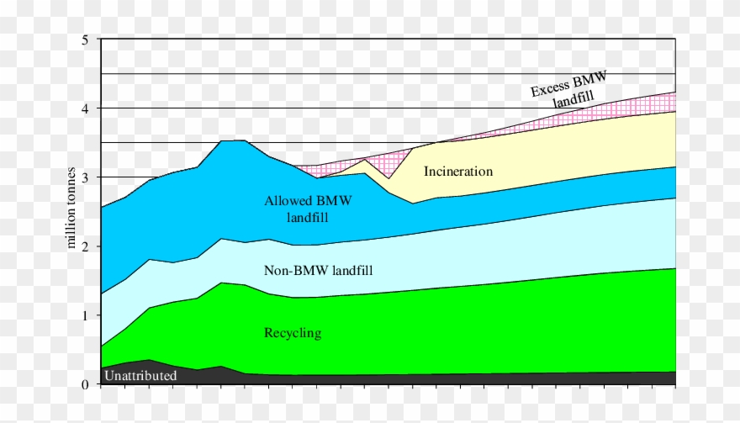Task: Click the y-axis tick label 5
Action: (85, 40)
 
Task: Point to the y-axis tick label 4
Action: (85, 108)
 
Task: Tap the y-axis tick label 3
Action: (85, 177)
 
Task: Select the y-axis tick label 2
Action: (85, 246)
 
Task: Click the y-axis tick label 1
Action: (85, 315)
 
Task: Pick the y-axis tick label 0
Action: (85, 384)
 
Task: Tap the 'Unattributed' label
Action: (140, 376)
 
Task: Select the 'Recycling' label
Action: (293, 333)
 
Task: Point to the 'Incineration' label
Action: (458, 172)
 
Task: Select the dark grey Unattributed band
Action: (420, 379)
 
